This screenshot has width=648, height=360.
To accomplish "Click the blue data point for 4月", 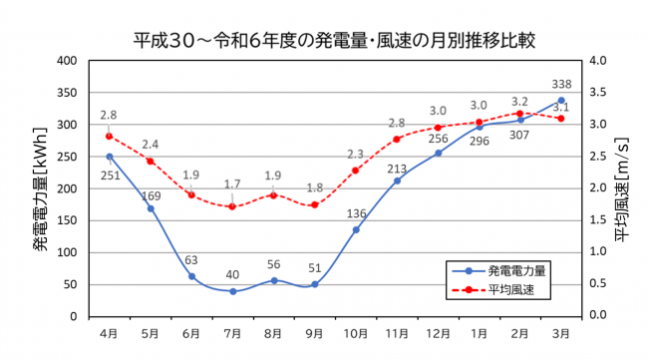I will [x=110, y=157].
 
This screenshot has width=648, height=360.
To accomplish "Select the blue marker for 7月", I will [x=232, y=291].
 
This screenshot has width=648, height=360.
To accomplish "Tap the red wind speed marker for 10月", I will [x=356, y=171].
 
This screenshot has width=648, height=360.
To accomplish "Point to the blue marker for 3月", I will [x=561, y=101].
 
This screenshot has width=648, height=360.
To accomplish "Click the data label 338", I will [x=561, y=84].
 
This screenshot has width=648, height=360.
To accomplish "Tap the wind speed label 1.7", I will [x=231, y=184].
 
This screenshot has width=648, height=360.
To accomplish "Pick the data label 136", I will [x=356, y=212].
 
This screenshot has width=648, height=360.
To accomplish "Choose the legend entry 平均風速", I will [x=504, y=289].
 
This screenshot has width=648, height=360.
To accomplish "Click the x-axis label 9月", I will [x=314, y=331].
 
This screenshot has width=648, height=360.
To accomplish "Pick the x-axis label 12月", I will [x=438, y=331].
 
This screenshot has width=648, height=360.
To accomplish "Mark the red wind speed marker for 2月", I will [x=519, y=114].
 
